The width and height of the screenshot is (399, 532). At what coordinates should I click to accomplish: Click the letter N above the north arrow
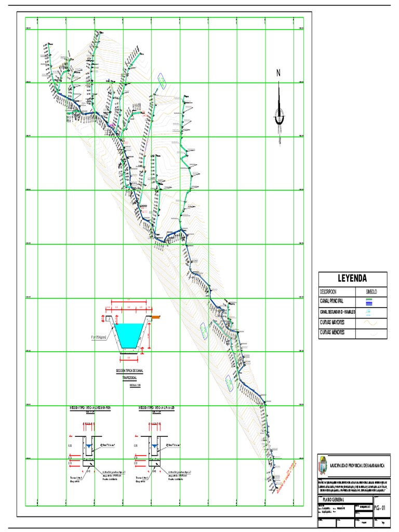tap(279, 73)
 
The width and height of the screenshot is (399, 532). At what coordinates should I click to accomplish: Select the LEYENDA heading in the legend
tap(353, 278)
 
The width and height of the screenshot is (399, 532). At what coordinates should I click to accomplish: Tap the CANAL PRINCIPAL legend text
tap(332, 300)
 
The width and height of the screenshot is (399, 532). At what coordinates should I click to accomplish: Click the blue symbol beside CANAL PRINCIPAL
tap(369, 300)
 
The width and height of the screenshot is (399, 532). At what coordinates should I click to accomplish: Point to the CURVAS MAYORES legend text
tap(333, 322)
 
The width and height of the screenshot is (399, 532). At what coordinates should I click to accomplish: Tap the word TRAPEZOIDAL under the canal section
tap(129, 378)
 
